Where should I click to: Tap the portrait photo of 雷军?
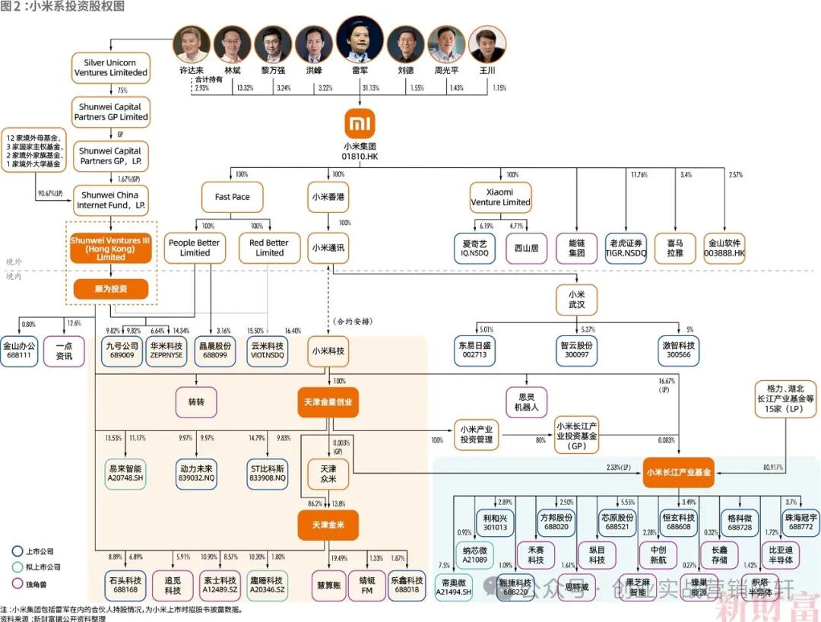(360, 40)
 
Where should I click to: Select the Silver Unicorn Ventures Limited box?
(110, 68)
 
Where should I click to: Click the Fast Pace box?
(232, 196)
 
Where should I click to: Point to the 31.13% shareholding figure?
(371, 88)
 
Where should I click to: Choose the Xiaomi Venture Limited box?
(500, 197)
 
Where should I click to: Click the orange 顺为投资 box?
(110, 289)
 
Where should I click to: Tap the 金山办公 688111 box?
(19, 351)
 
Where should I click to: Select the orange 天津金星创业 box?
(328, 401)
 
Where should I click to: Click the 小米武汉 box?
(575, 300)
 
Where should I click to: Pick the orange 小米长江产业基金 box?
(678, 472)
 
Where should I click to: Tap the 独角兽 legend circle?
(17, 583)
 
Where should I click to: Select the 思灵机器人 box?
(526, 401)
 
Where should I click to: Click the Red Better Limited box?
(269, 248)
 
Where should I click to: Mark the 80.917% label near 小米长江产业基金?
(772, 467)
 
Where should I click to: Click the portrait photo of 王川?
(487, 44)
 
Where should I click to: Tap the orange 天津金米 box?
(328, 525)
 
